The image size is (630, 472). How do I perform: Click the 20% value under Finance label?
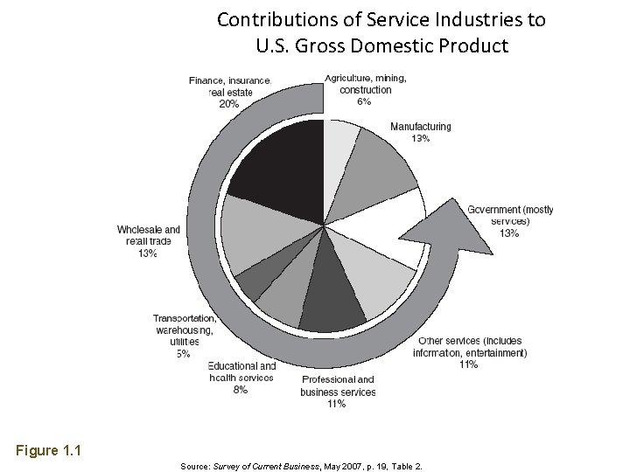(x=229, y=102)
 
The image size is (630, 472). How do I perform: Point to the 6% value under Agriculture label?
(x=364, y=101)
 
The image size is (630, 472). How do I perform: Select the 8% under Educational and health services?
(x=241, y=390)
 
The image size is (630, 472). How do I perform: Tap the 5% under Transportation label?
(x=183, y=354)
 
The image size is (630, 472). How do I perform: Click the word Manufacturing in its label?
(x=420, y=127)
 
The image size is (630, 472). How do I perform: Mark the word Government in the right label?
(x=494, y=210)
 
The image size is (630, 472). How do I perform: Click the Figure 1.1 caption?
(x=48, y=451)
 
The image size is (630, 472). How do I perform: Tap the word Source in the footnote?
(x=194, y=467)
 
